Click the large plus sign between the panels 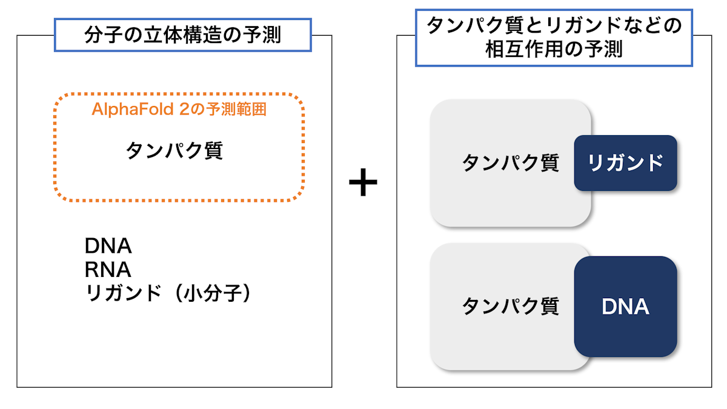[363, 182]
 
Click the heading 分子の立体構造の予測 [183, 35]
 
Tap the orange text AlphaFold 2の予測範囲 [179, 109]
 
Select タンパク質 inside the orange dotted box [174, 150]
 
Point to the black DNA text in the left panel [108, 246]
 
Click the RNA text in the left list [108, 270]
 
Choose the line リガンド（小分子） [167, 293]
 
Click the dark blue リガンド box [625, 163]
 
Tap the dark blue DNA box [625, 307]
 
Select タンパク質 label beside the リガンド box [511, 162]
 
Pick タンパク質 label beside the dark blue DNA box [511, 306]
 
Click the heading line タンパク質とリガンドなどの [554, 25]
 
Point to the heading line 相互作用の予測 [554, 49]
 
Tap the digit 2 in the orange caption [184, 109]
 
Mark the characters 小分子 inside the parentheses [213, 293]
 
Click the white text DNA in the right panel [625, 307]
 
